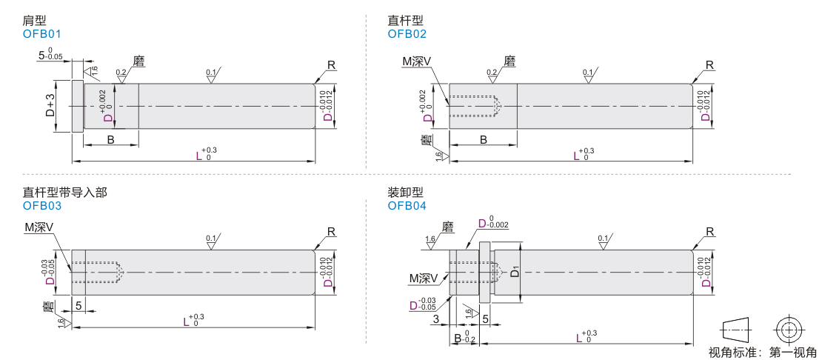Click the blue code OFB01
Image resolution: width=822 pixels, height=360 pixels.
click(42, 33)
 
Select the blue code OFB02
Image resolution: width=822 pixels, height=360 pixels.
click(407, 33)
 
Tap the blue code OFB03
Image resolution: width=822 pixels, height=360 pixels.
click(42, 206)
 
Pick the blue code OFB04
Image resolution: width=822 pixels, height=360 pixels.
click(407, 206)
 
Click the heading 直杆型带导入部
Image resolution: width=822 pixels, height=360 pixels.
click(64, 193)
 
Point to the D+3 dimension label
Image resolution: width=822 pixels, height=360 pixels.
click(50, 106)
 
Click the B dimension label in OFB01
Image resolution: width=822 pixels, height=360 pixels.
click(110, 139)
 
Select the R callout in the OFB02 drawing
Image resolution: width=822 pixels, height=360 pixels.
click(709, 65)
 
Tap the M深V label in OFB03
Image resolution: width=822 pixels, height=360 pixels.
click(39, 227)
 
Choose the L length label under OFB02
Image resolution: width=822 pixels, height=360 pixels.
click(577, 156)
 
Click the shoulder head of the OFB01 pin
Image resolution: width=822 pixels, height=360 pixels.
click(77, 106)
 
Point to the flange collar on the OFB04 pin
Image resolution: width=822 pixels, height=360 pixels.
click(485, 272)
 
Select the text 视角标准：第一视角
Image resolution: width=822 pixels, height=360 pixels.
click(763, 352)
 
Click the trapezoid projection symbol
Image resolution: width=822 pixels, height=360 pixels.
click(736, 328)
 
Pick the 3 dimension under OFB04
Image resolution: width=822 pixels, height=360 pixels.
click(436, 319)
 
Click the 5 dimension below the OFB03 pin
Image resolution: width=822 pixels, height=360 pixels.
click(78, 305)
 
